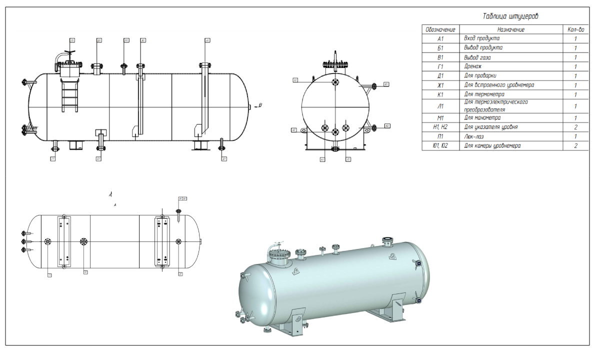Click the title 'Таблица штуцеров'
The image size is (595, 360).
510,16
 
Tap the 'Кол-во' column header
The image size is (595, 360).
575,29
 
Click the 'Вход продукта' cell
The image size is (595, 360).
510,38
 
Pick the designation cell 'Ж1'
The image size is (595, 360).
440,85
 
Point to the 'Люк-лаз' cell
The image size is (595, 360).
510,136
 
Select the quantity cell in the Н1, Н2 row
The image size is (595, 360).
575,127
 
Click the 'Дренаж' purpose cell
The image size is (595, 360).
510,66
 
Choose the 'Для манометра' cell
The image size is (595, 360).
510,117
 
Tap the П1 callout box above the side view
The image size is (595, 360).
72,39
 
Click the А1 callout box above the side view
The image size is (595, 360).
207,39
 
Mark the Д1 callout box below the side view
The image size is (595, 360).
224,159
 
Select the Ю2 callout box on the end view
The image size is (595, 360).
387,125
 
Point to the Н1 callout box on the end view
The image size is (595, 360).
295,79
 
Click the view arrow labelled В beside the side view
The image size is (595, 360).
258,105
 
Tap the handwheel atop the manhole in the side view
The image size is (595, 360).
70,52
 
